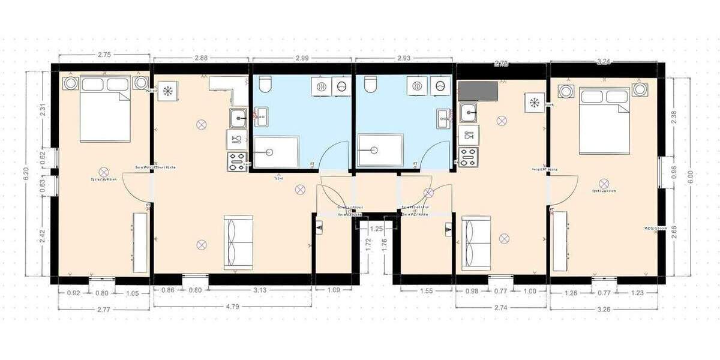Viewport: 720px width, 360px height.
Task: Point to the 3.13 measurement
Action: click(260, 291)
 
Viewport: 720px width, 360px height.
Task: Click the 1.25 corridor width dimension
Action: click(376, 229)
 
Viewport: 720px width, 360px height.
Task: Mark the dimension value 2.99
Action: click(302, 58)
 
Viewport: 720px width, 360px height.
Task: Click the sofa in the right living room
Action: click(476, 243)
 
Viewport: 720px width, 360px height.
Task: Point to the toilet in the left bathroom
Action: click(265, 86)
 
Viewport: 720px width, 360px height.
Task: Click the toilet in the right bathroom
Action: click(370, 86)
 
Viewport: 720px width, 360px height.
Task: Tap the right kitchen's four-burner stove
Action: click(467, 156)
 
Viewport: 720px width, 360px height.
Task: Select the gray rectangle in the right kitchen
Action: click(478, 92)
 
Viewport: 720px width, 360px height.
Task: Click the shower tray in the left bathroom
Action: click(275, 152)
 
